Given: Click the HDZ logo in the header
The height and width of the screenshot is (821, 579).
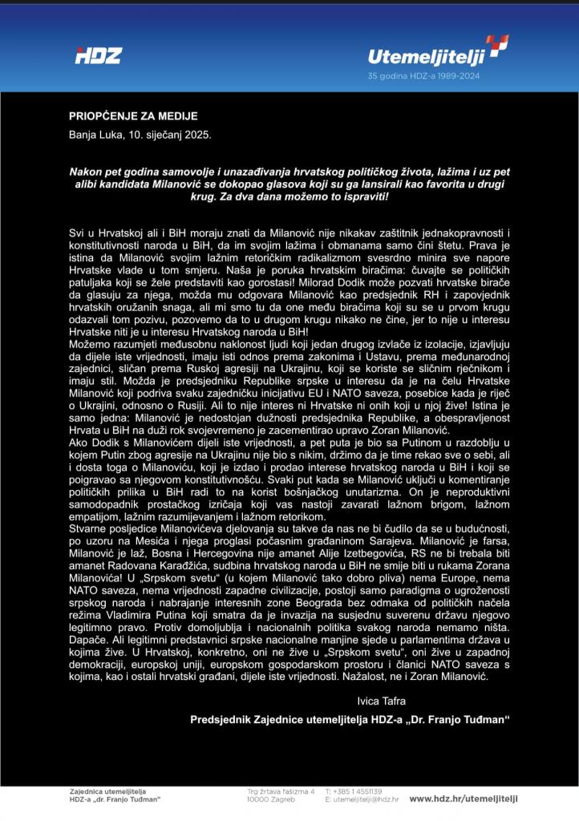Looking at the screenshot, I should coord(98,56).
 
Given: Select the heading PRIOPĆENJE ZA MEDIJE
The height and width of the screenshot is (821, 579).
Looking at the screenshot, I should coord(133,117).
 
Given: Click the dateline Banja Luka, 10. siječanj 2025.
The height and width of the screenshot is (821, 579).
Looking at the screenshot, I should coord(140,135).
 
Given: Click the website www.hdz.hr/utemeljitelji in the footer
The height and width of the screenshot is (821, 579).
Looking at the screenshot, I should coord(464,799).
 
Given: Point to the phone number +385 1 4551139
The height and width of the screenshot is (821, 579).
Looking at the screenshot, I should coord(354,791).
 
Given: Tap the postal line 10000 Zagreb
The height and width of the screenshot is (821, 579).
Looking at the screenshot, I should coord(271,799).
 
